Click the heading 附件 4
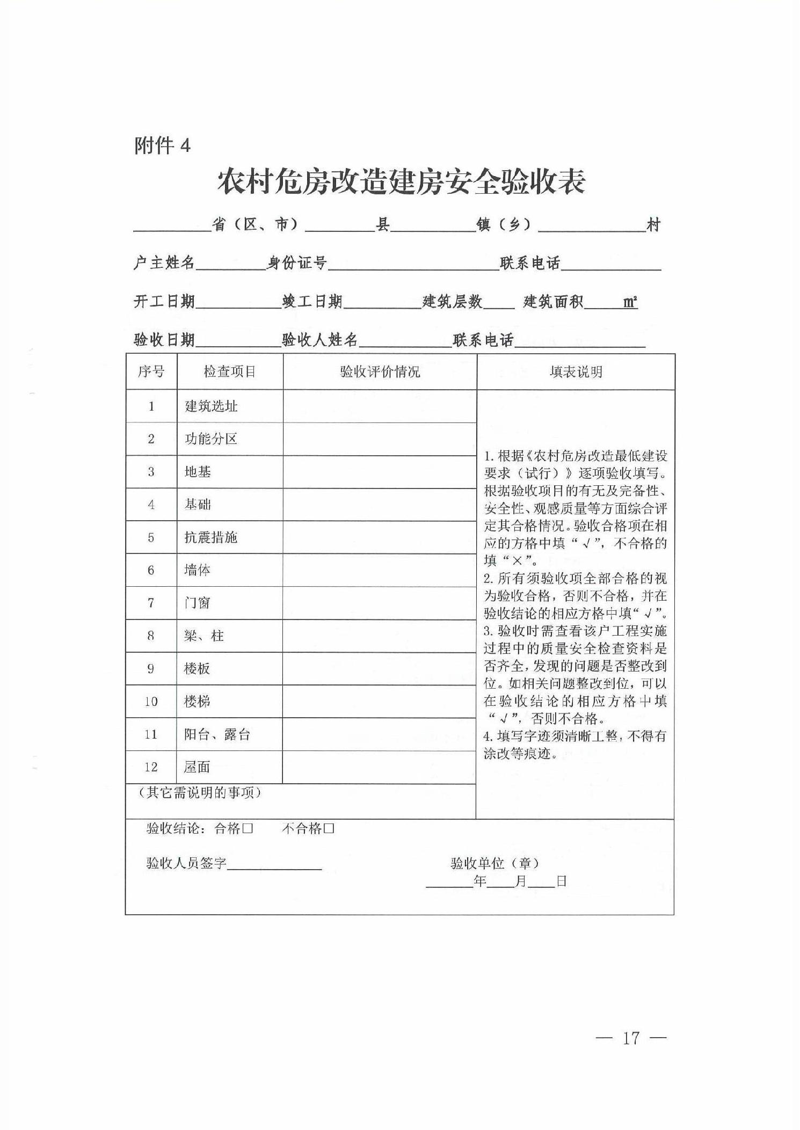pos(162,145)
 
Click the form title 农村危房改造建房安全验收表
pos(401,183)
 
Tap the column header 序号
pos(151,371)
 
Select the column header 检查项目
pos(229,371)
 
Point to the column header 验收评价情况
pos(380,371)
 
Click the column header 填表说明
pos(576,371)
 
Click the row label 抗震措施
pos(210,537)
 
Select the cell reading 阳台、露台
pos(217,734)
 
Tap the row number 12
pos(151,767)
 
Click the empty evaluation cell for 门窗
pos(379,603)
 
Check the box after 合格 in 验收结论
pos(248,828)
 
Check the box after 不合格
pos(329,828)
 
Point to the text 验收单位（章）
pos(494,863)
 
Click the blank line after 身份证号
pos(413,264)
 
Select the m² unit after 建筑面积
pos(630,302)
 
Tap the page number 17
pos(631,1038)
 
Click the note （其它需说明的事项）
pos(199,793)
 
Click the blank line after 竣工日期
pos(382,303)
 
